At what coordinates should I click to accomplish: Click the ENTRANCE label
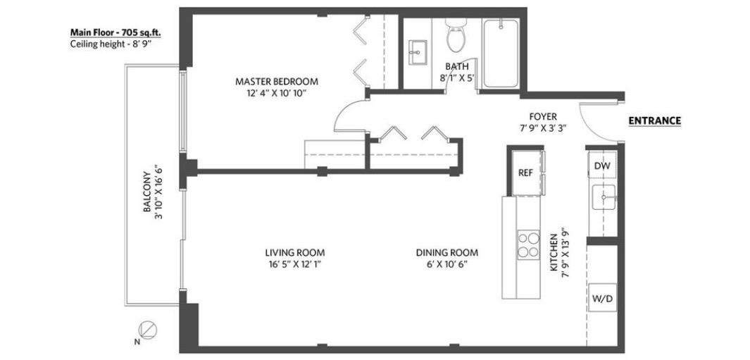654,121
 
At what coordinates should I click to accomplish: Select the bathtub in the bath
500,53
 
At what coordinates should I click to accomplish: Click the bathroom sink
418,49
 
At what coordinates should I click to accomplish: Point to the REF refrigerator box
525,173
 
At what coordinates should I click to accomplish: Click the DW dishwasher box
601,165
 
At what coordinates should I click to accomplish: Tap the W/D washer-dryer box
602,298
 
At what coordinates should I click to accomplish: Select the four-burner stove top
528,244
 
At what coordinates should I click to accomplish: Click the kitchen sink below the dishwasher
604,197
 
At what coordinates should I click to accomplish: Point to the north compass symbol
147,330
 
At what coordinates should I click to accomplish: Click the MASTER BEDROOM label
277,82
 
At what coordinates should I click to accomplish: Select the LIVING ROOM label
295,252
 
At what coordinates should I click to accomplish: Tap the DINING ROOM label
447,252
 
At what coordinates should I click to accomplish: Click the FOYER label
543,116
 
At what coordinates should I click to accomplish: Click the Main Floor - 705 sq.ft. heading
115,32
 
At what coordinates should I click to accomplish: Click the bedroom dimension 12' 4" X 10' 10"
277,93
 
